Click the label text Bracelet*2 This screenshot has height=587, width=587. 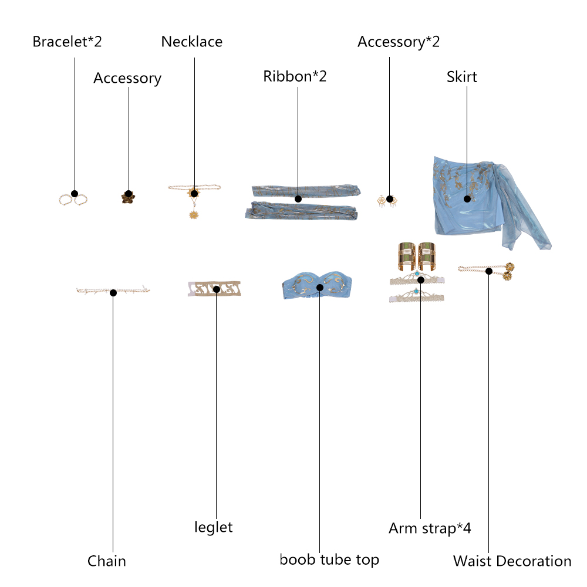click(67, 42)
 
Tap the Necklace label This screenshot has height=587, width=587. click(192, 42)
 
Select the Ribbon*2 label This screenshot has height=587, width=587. click(295, 76)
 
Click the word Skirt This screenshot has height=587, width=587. click(461, 77)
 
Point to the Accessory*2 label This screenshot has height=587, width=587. click(399, 42)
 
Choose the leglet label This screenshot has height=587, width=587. click(214, 527)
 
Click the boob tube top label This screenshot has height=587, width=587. click(329, 559)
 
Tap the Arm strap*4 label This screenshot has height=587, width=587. click(430, 528)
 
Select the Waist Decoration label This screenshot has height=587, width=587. click(512, 561)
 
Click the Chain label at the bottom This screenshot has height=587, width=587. click(107, 561)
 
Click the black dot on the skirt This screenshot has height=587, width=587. click(467, 199)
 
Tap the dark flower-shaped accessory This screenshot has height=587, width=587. click(128, 197)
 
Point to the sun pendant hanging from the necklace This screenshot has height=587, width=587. click(194, 215)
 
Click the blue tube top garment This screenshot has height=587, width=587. click(317, 285)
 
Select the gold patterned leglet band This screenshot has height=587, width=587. click(214, 289)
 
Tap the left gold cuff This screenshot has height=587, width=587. click(407, 257)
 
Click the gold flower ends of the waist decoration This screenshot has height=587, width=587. click(508, 272)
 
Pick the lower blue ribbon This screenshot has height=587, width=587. click(301, 211)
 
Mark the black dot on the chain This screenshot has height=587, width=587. click(113, 293)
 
